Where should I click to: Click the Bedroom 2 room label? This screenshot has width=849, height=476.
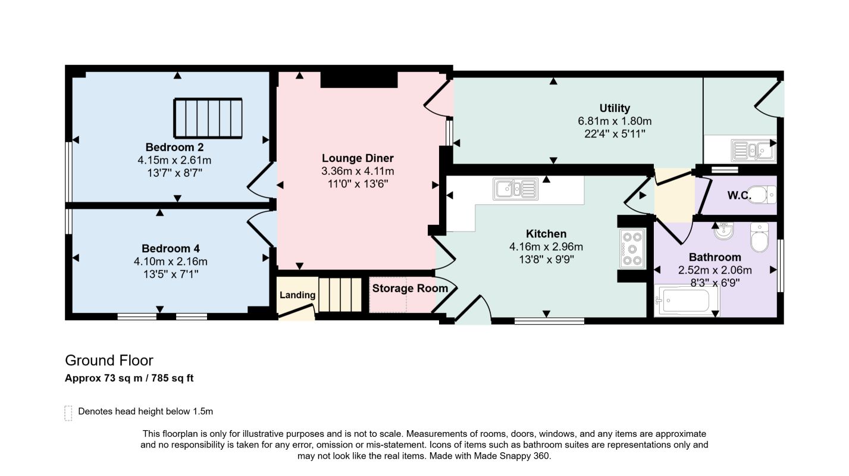pos(174,147)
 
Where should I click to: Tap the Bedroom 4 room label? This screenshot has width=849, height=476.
pos(171,249)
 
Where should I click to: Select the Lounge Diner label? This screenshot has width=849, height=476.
pos(358,158)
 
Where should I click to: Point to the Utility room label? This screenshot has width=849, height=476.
pos(615,108)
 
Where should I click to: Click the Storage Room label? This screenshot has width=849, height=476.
pos(410,289)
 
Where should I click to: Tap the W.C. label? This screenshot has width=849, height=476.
pos(739,195)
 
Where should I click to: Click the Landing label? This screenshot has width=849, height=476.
pos(297,295)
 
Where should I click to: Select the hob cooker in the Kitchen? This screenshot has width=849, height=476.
pos(632,249)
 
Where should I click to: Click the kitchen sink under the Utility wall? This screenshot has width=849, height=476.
pos(515,189)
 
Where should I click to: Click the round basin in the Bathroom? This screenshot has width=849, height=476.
pos(724,231)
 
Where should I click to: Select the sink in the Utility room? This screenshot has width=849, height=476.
pos(753,150)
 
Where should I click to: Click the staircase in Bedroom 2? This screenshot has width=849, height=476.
pos(208,118)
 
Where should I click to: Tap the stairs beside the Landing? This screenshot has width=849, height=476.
pos(340,295)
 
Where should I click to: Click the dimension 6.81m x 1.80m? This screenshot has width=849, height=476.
pos(615,121)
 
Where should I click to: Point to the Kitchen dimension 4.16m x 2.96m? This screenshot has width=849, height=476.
pos(546,247)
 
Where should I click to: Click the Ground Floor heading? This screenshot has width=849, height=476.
pos(109,361)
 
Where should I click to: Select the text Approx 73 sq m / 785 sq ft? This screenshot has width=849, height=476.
pos(129,378)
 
